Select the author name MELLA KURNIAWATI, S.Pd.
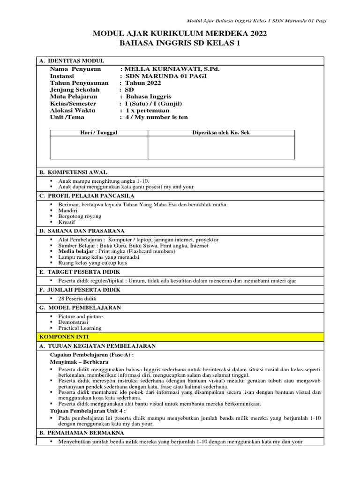click(x=172, y=69)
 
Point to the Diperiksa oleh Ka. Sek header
click(x=221, y=133)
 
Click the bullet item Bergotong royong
click(x=80, y=216)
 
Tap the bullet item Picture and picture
click(x=81, y=316)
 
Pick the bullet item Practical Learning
click(x=80, y=328)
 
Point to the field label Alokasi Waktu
click(x=73, y=110)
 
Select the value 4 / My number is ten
click(x=156, y=117)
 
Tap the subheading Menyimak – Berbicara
click(x=79, y=362)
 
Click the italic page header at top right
click(x=256, y=21)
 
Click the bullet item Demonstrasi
click(x=74, y=322)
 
